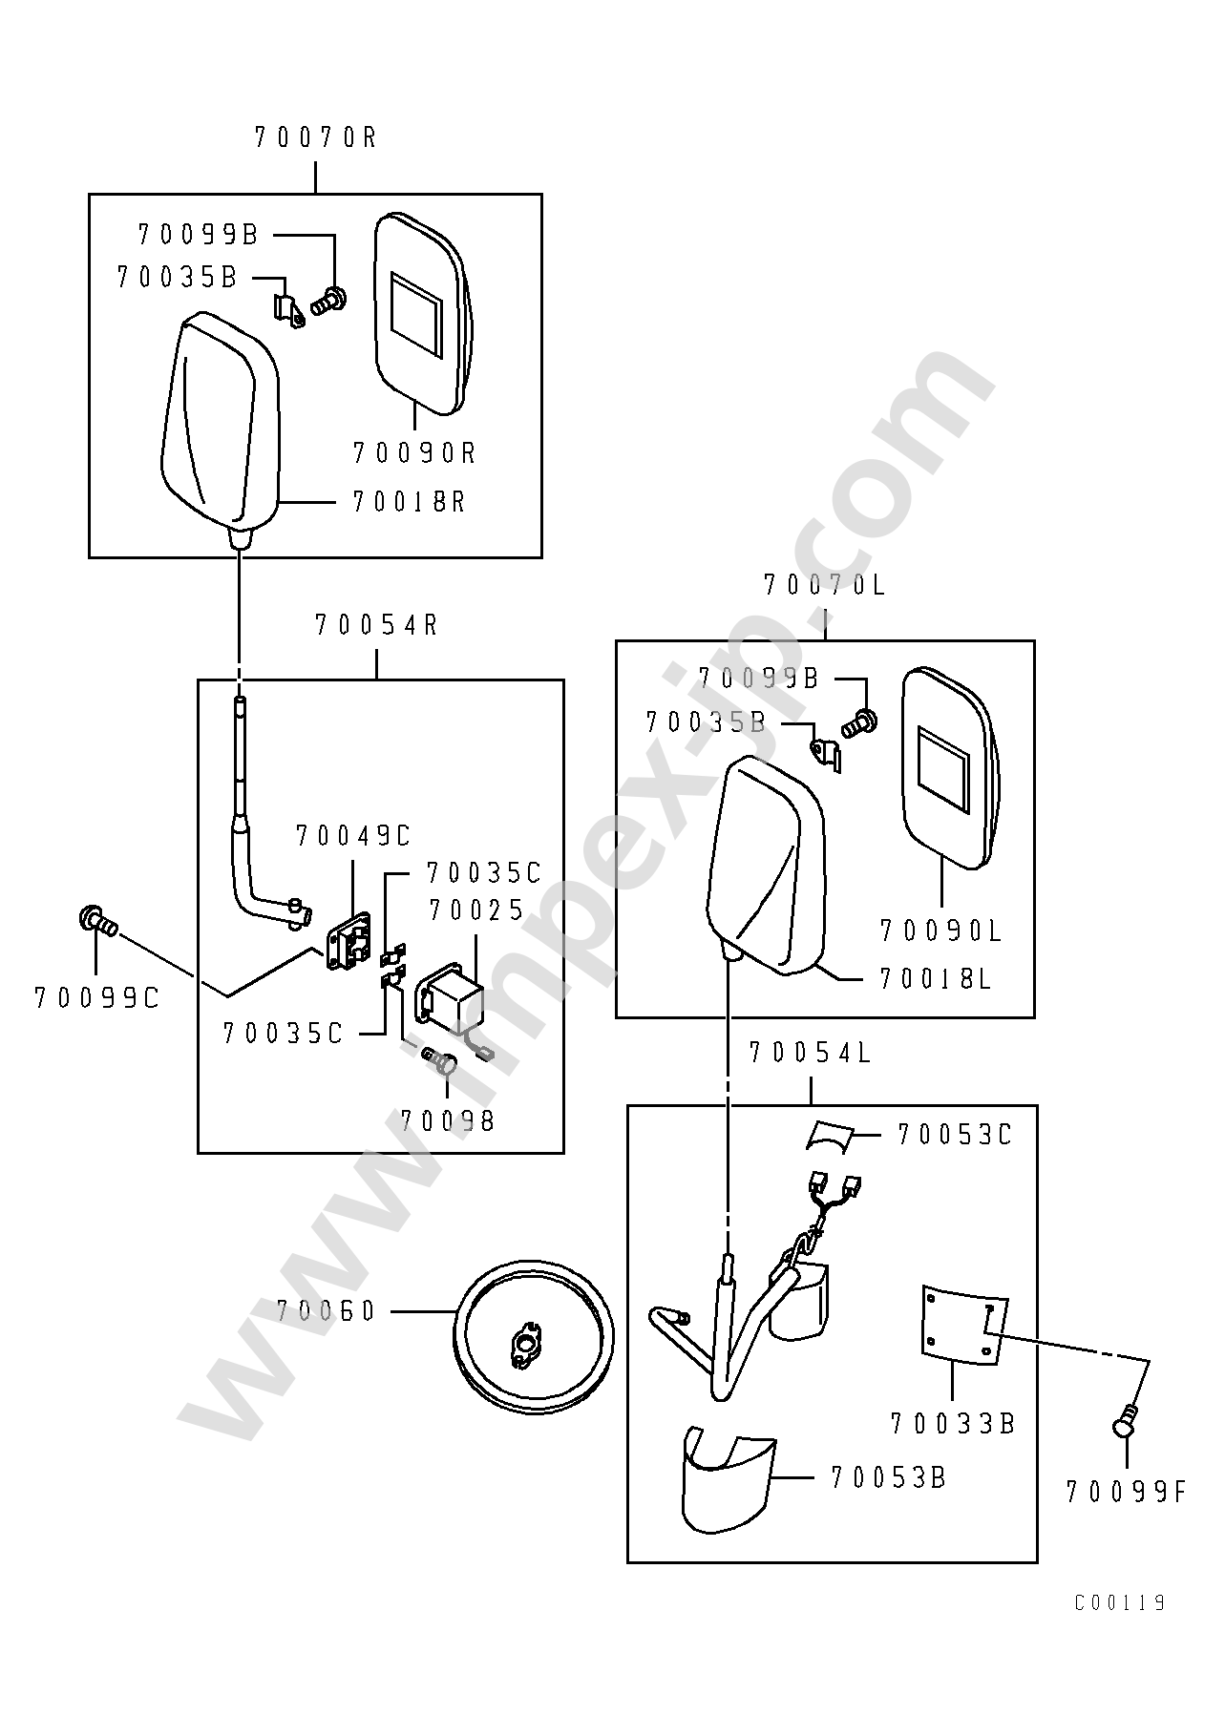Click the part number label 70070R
pos(316,138)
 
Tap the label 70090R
pos(414,452)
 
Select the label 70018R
pos(409,502)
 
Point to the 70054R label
pos(376,626)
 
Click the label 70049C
pos(352,837)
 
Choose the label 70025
pos(476,911)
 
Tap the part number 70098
pos(447,1121)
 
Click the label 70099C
pos(96,998)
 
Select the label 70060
pos(327,1312)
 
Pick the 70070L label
pos(825,585)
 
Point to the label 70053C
pos(954,1136)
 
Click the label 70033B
pos(953,1424)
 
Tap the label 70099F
pos(1127,1492)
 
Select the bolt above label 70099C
pos(96,920)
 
